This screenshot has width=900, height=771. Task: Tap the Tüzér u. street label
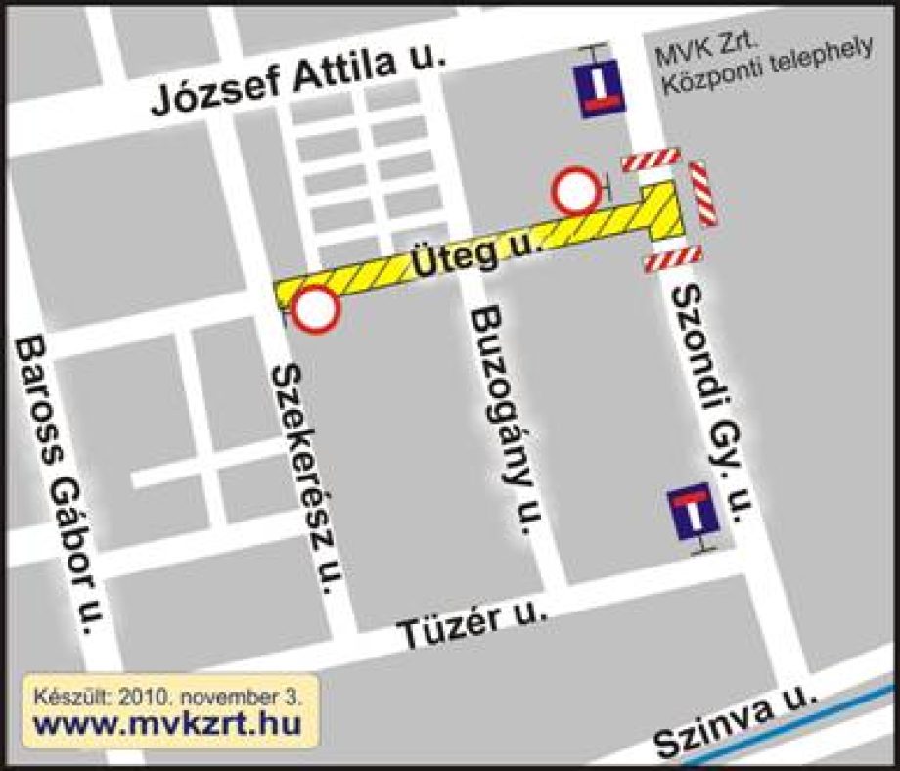472,627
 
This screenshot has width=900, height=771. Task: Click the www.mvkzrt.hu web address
167,725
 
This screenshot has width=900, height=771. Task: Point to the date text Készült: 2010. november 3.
167,698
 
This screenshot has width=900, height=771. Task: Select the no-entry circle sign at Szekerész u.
315,309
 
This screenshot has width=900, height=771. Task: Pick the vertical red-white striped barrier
702,195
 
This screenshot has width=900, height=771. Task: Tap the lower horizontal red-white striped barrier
673,259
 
